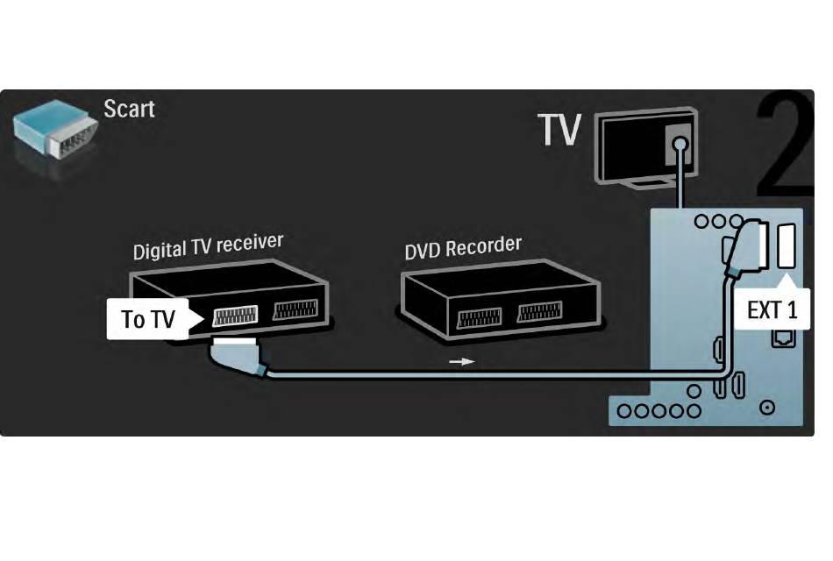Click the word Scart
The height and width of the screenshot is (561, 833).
click(x=129, y=109)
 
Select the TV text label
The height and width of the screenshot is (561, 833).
click(x=560, y=131)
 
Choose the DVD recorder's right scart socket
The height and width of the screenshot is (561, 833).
click(x=542, y=315)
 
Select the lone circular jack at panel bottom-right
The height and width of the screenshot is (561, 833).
click(x=768, y=407)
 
